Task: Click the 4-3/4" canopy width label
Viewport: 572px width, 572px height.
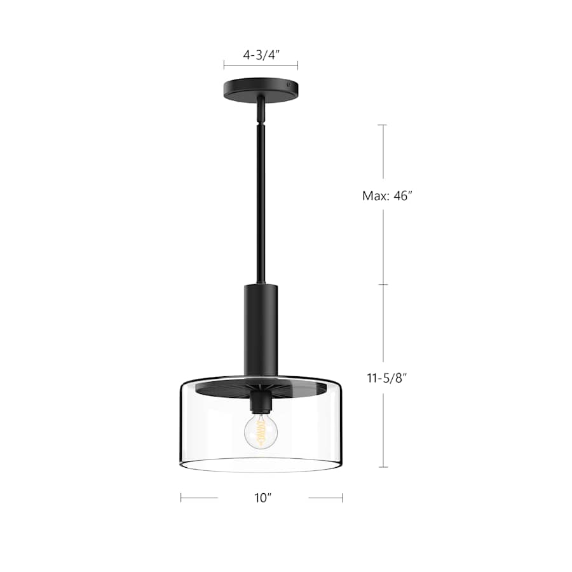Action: coord(261,55)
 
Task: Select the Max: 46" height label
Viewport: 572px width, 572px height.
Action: coord(383,196)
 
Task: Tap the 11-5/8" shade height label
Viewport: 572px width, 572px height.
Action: coord(383,378)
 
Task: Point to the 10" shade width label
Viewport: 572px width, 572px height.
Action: coord(262,498)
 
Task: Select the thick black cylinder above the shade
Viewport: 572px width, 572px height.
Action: coord(261,330)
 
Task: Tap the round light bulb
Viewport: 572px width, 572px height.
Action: coord(261,432)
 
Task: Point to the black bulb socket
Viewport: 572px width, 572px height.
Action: coord(260,402)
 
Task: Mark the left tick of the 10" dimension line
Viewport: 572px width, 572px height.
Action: coord(181,498)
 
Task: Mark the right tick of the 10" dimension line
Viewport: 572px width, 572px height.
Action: coord(342,498)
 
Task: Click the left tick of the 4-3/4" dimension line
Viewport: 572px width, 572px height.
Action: coord(224,65)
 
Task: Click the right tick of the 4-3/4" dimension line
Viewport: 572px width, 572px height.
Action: coord(298,65)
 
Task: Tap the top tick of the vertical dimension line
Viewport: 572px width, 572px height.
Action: coord(383,125)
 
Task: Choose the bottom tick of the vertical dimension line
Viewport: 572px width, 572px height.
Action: coord(383,467)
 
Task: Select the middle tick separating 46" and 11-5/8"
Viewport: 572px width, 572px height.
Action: coord(383,285)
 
